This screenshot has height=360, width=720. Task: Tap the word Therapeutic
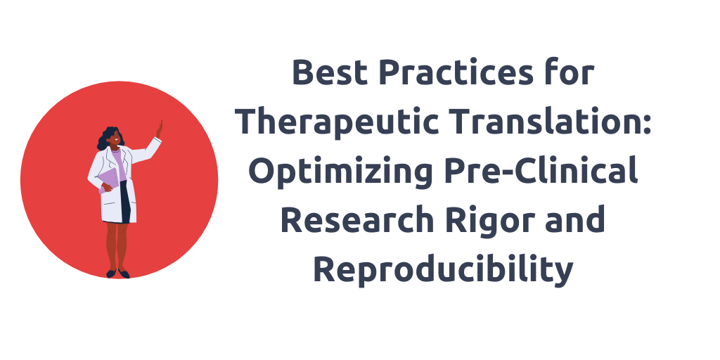(339, 122)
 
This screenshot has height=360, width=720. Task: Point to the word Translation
(544, 121)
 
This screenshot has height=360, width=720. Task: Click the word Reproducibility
(443, 271)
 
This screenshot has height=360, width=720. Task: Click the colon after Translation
(647, 124)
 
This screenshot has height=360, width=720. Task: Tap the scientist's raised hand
(160, 129)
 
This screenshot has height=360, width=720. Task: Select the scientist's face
(116, 138)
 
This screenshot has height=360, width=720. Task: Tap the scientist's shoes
(117, 274)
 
